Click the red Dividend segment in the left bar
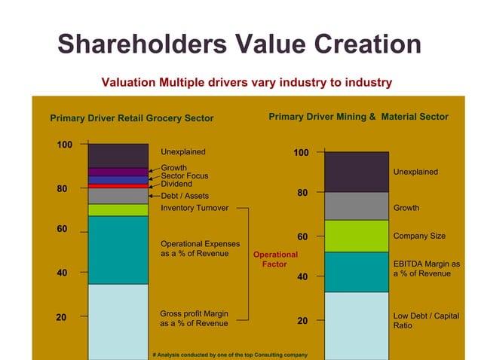coord(118,185)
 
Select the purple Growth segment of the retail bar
coord(118,172)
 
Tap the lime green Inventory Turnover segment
coord(118,209)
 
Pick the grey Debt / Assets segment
coord(118,196)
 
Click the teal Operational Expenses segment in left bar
coord(118,249)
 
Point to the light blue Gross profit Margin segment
coord(118,320)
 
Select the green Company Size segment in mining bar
coord(356,236)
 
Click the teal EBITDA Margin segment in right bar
coord(356,271)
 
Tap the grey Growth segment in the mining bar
coord(356,206)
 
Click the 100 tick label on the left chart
coord(65,145)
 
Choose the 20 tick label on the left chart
coord(65,318)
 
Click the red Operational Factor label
coord(275,259)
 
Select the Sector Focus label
coord(184,176)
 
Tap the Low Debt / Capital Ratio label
coord(426,321)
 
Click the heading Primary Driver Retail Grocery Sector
coord(131,118)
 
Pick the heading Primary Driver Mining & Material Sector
coord(358,117)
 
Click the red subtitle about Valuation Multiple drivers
coord(247,82)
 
